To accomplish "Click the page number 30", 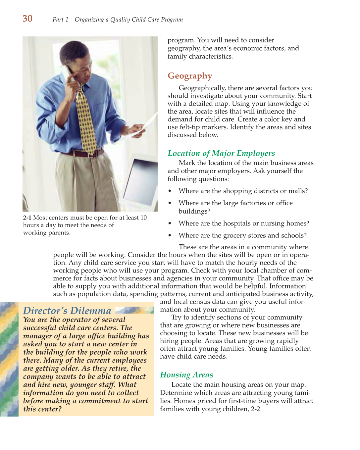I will tap(27, 19).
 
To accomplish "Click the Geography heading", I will tap(190, 76).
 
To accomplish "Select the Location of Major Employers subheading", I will tap(221, 153).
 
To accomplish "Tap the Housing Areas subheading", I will tap(186, 375).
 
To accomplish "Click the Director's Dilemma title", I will tap(67, 311).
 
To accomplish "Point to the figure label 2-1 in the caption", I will tap(27, 218).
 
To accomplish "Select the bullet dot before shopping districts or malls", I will tap(170, 191).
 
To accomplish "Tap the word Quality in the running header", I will tap(120, 20).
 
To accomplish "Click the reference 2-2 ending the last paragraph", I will tap(256, 409).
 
